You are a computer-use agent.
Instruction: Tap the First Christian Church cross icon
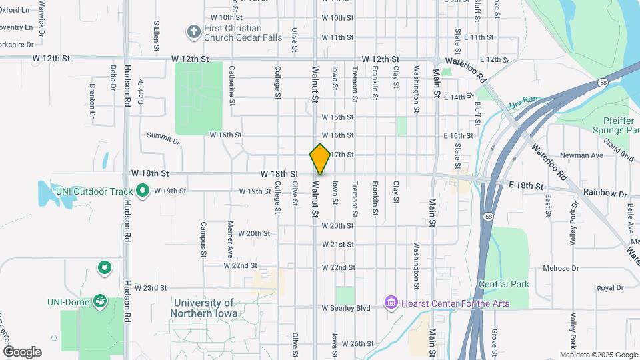(193, 31)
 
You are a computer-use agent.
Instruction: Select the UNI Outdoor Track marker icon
(142, 191)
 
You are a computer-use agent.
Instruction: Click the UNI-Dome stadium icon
(99, 301)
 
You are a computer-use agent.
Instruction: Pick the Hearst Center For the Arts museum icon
(391, 303)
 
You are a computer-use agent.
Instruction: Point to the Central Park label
(505, 284)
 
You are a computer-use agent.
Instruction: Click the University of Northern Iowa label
(202, 307)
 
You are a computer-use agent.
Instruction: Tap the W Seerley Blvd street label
(345, 308)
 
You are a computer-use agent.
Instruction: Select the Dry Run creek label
(523, 105)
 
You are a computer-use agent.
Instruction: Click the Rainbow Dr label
(605, 193)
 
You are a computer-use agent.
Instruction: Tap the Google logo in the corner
(22, 352)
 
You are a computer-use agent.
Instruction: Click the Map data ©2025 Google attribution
(598, 355)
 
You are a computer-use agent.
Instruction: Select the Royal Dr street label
(609, 288)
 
